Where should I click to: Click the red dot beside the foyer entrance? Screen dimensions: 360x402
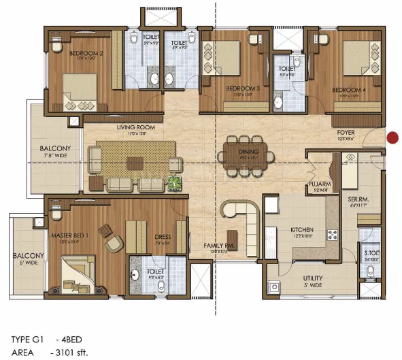pos(392,138)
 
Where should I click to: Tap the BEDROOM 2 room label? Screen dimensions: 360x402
pos(86,53)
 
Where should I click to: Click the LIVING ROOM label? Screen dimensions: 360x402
pos(136,127)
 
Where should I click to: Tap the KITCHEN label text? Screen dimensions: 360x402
pos(301,230)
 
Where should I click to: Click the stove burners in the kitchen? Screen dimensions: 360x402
pos(333,235)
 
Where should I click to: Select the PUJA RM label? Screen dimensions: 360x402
pos(318,184)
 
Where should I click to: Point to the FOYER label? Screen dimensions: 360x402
pos(346,133)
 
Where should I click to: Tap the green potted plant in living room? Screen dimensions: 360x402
pos(175,182)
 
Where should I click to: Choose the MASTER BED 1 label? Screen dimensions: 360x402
pos(71,235)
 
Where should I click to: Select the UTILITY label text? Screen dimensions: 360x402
pos(313,278)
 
